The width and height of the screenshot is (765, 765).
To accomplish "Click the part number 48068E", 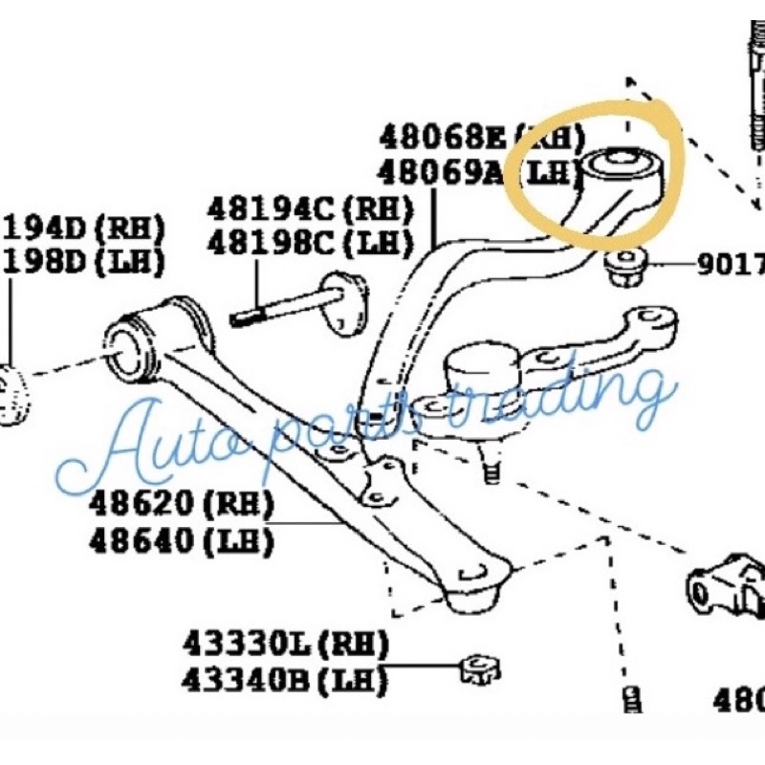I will point(441,137).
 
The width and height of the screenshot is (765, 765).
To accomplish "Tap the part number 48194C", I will point(272,208).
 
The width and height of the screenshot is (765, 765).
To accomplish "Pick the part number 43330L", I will point(248,643).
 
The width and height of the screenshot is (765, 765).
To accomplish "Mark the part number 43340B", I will point(248,680).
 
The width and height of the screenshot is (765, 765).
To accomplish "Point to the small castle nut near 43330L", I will point(479,668).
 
